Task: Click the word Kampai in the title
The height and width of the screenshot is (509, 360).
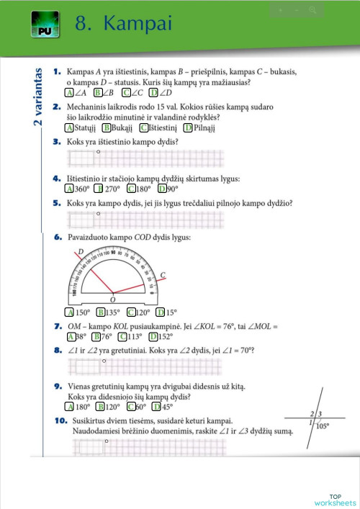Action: pyautogui.click(x=138, y=24)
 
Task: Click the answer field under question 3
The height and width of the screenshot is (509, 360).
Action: pyautogui.click(x=144, y=158)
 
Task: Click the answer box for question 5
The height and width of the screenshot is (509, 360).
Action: pyautogui.click(x=144, y=219)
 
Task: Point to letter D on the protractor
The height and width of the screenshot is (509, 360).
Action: pyautogui.click(x=80, y=251)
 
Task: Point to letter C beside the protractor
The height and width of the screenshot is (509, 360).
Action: pyautogui.click(x=163, y=274)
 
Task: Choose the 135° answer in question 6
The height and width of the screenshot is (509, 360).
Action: pyautogui.click(x=108, y=312)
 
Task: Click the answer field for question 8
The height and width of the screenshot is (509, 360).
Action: pyautogui.click(x=144, y=366)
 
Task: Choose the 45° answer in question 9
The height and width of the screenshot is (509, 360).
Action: pyautogui.click(x=163, y=407)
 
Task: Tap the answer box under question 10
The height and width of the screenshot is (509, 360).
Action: pyautogui.click(x=144, y=447)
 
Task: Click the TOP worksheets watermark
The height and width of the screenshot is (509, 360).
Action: pyautogui.click(x=335, y=500)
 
